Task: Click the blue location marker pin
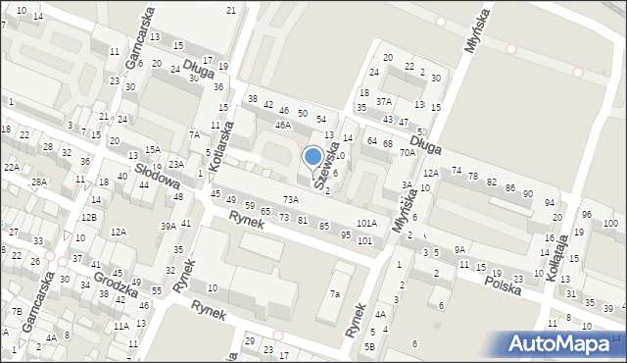point(313,157)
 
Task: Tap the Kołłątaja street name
point(560,258)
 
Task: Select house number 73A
point(289,200)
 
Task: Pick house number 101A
point(366,224)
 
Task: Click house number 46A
point(283,126)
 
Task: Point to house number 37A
point(384,101)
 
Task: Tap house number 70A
point(408,153)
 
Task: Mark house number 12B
point(89,217)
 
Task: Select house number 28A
point(38,182)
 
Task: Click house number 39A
point(168,226)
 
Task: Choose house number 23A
point(175,164)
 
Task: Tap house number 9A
point(459,250)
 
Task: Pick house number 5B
point(369,346)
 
